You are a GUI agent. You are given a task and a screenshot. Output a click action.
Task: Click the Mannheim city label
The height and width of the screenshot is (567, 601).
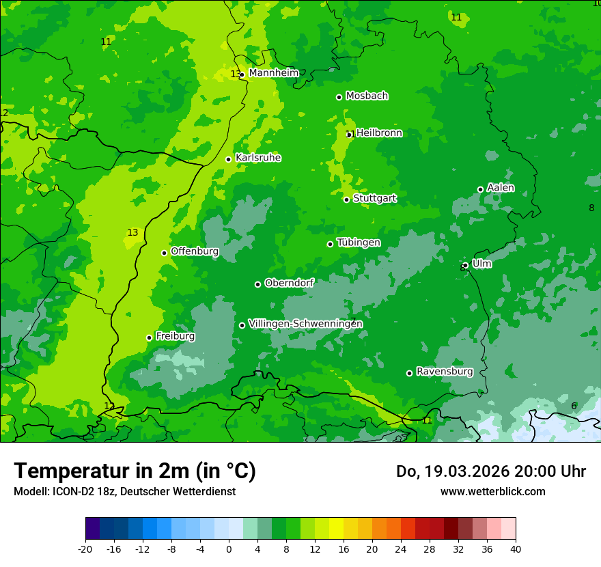pyautogui.click(x=273, y=73)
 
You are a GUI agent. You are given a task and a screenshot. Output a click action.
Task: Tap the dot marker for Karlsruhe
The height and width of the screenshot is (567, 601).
pyautogui.click(x=228, y=159)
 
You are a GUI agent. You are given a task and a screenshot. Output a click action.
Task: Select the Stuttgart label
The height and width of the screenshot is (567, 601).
pyautogui.click(x=374, y=198)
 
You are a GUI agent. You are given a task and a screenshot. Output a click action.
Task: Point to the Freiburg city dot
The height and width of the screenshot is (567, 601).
pyautogui.click(x=149, y=337)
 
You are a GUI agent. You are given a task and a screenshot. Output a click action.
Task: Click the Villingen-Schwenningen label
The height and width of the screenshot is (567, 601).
pyautogui.click(x=305, y=324)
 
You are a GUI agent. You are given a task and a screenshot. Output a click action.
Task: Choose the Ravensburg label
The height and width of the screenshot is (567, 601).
pyautogui.click(x=444, y=372)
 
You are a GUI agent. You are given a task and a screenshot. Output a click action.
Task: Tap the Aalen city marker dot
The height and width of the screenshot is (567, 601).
pyautogui.click(x=480, y=189)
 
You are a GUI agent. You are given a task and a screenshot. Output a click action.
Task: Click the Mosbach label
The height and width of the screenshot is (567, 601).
pyautogui.click(x=367, y=96)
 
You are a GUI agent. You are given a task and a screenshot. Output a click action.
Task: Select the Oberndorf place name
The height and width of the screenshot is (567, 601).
pyautogui.click(x=289, y=283)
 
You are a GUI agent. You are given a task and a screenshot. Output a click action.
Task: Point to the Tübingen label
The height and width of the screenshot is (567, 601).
pyautogui.click(x=359, y=243)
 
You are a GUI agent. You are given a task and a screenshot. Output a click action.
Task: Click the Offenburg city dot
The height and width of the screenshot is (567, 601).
pyautogui.click(x=164, y=253)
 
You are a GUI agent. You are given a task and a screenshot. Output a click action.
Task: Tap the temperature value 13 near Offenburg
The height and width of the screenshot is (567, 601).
pyautogui.click(x=132, y=233)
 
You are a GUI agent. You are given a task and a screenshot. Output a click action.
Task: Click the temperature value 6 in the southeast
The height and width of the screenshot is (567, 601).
pyautogui.click(x=574, y=406)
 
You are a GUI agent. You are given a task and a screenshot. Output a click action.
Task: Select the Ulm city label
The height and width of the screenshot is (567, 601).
pyautogui.click(x=481, y=264)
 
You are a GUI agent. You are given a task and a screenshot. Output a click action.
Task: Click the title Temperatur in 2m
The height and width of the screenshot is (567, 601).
pyautogui.click(x=135, y=471)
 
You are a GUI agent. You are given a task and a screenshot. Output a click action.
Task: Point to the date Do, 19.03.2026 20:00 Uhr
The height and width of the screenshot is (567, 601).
pyautogui.click(x=490, y=471)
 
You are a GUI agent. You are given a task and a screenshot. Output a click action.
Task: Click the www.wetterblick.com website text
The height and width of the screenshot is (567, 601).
pyautogui.click(x=492, y=491)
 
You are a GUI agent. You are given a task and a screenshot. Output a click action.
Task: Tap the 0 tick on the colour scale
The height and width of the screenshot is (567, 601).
pyautogui.click(x=228, y=549)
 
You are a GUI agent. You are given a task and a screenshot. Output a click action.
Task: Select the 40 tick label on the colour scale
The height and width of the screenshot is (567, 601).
pyautogui.click(x=515, y=549)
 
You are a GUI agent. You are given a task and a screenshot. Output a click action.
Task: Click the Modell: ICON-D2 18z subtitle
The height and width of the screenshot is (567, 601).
pyautogui.click(x=124, y=491)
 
